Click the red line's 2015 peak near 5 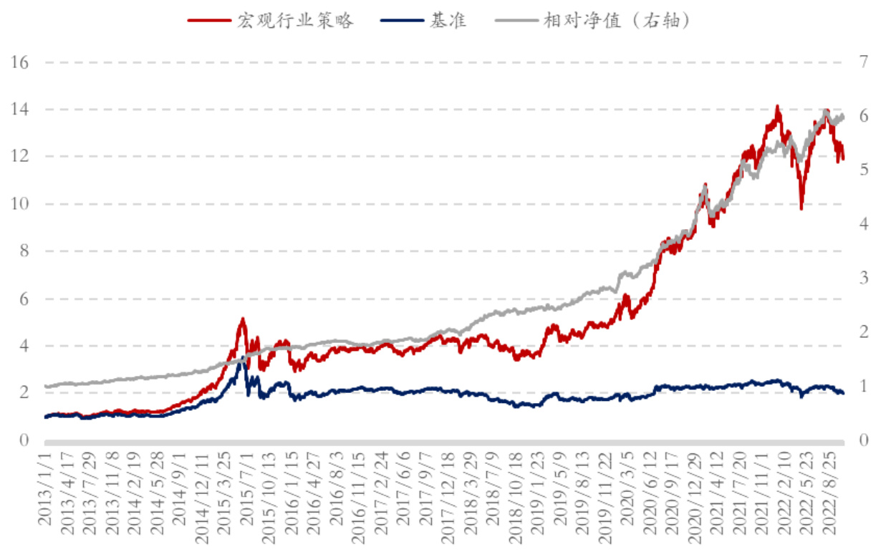point(243,319)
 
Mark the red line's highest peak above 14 point(777,107)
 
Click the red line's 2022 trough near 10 point(801,208)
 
